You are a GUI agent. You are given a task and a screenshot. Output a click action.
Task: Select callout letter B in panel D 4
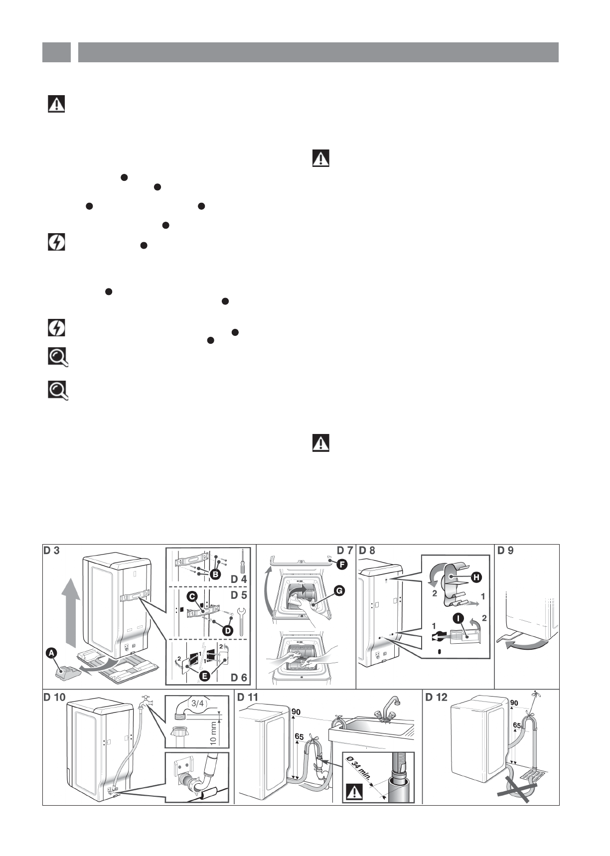[215, 574]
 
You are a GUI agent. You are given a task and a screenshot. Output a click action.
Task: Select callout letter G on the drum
[339, 591]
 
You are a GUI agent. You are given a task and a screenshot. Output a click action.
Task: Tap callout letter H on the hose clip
[476, 577]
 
